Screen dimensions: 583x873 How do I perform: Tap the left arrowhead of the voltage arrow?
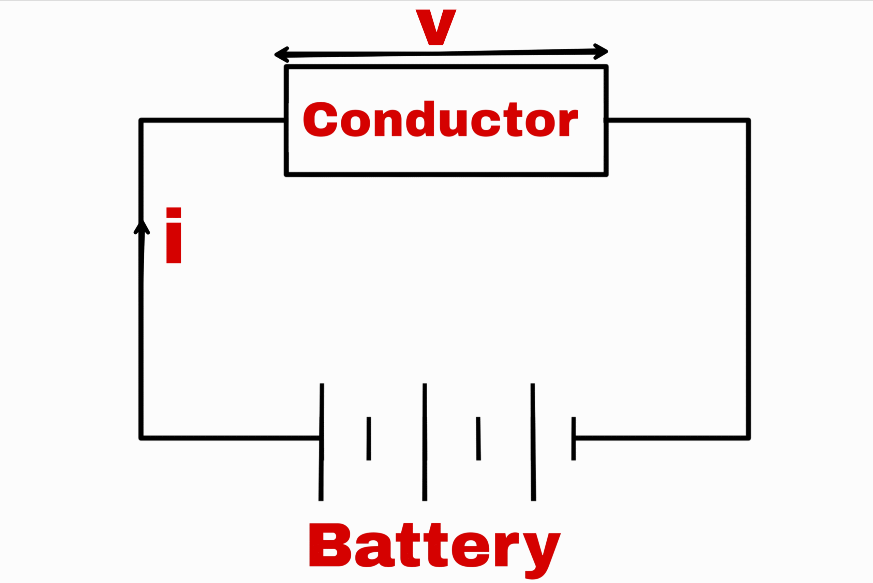pos(281,55)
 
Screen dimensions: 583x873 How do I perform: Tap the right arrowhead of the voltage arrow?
pos(601,51)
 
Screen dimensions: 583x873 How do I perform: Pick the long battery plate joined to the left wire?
pos(322,442)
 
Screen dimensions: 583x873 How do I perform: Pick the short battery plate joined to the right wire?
pos(574,439)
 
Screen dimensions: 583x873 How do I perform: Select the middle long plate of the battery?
pos(425,442)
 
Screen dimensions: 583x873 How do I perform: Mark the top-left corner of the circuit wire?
pos(141,120)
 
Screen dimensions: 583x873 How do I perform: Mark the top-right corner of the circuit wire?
pos(749,120)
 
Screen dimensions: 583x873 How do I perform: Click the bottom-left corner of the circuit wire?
pos(141,438)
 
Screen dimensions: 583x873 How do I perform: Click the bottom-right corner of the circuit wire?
pos(749,438)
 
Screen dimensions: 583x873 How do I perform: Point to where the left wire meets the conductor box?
pos(286,120)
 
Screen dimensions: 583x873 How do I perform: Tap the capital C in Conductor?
pos(320,119)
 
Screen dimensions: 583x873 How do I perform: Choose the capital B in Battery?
pos(329,545)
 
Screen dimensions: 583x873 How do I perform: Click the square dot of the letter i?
pos(174,212)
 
